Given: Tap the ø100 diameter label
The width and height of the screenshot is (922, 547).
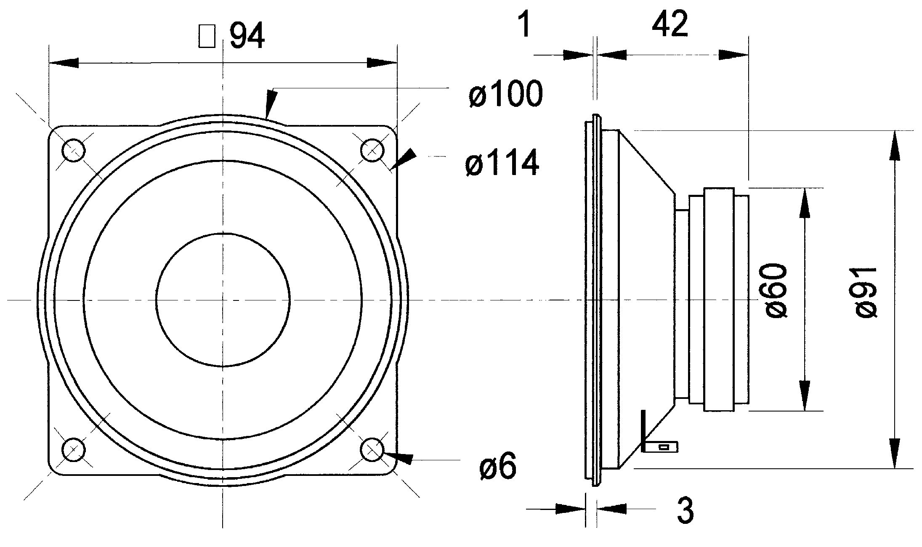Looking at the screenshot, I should pyautogui.click(x=505, y=94).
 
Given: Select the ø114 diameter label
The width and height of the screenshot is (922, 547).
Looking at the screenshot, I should pyautogui.click(x=502, y=163).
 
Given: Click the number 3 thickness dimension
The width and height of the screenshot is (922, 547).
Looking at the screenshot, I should pyautogui.click(x=685, y=510).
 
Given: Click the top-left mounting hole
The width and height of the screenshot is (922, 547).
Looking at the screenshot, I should pyautogui.click(x=74, y=150).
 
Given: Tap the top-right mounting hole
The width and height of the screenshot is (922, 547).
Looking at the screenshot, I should pyautogui.click(x=372, y=150).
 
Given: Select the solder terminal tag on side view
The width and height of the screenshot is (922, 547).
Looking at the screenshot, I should pyautogui.click(x=660, y=446).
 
